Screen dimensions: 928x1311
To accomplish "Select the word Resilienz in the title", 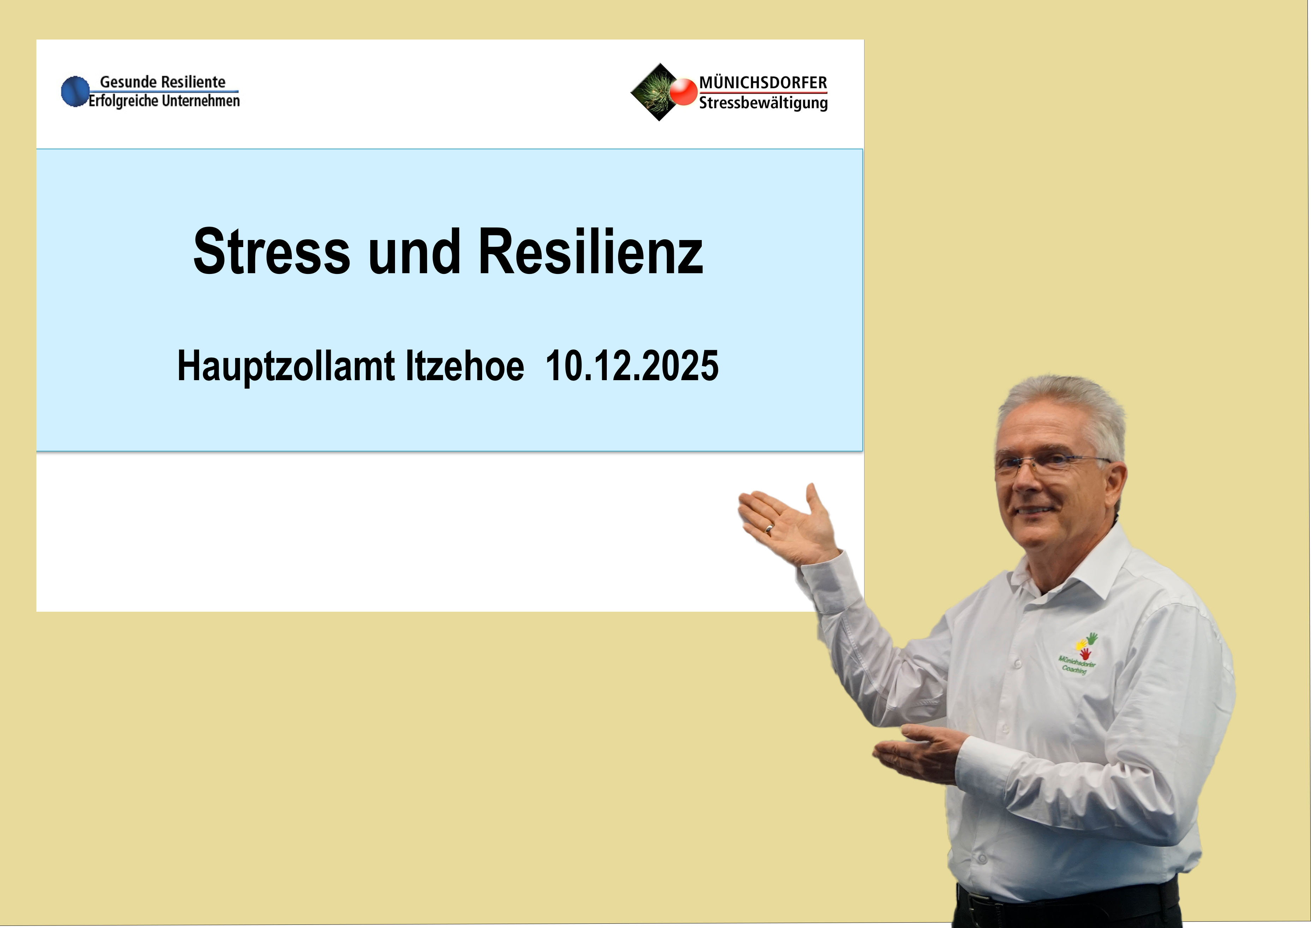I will (590, 251).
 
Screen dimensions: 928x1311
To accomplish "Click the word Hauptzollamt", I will (286, 366).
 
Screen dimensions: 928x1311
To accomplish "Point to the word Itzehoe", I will (465, 366).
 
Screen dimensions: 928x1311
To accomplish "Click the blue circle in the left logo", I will (75, 91).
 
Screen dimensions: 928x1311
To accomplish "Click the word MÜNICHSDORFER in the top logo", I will (763, 83).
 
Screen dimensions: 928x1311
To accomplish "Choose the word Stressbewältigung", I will (763, 103).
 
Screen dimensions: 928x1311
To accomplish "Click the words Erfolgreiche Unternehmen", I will (164, 101).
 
